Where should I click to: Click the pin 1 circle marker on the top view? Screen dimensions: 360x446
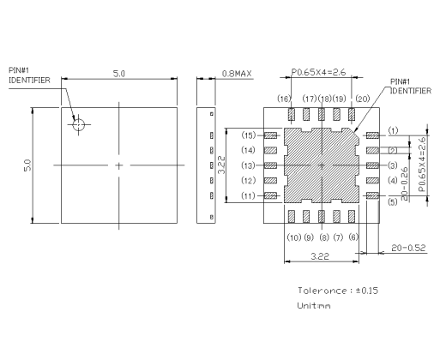coord(79,125)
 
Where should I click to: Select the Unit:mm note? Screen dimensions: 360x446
coord(314,305)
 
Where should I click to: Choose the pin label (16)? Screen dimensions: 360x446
coord(284,99)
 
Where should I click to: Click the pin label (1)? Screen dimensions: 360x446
coord(393,131)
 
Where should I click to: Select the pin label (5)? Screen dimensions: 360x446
coord(393,202)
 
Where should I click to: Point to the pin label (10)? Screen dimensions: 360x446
coord(293,237)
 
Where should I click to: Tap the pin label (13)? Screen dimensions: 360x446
coord(249,165)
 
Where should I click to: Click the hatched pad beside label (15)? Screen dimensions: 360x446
coord(272,135)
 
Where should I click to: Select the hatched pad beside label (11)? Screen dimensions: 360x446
coord(272,196)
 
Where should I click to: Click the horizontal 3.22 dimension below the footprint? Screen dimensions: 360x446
coord(319,256)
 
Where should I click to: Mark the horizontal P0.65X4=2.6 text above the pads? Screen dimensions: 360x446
coord(319,73)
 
